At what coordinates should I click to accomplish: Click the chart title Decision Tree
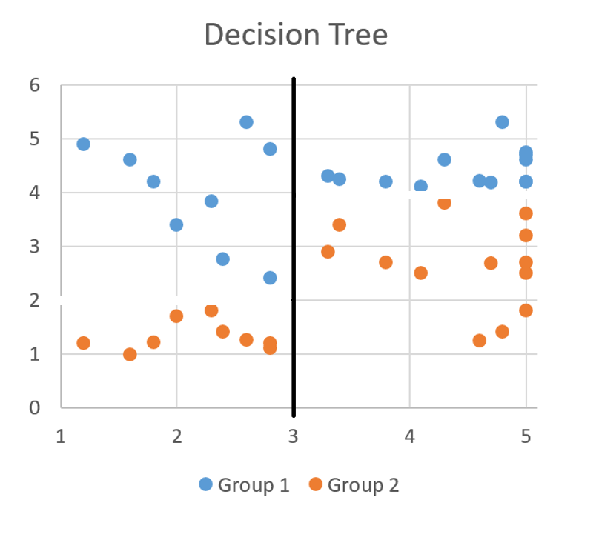click(x=295, y=35)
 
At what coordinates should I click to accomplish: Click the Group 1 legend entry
click(x=244, y=485)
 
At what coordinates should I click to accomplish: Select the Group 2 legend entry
click(x=354, y=485)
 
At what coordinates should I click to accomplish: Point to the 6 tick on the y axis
click(x=34, y=85)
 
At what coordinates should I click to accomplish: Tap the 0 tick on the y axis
click(x=34, y=407)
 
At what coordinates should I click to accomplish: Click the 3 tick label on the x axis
click(x=293, y=436)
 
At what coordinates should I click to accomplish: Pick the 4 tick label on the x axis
click(x=410, y=436)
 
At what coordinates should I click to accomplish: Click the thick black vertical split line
click(x=294, y=244)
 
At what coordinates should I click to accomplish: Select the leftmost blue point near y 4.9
click(x=83, y=144)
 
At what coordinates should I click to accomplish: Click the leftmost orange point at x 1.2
click(x=83, y=343)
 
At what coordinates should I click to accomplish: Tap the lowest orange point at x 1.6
click(x=130, y=354)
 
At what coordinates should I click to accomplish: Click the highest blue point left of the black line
click(x=246, y=122)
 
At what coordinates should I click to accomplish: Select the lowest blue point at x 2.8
click(x=270, y=278)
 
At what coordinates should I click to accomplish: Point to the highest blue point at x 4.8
click(x=502, y=122)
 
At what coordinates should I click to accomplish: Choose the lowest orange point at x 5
click(x=526, y=310)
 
